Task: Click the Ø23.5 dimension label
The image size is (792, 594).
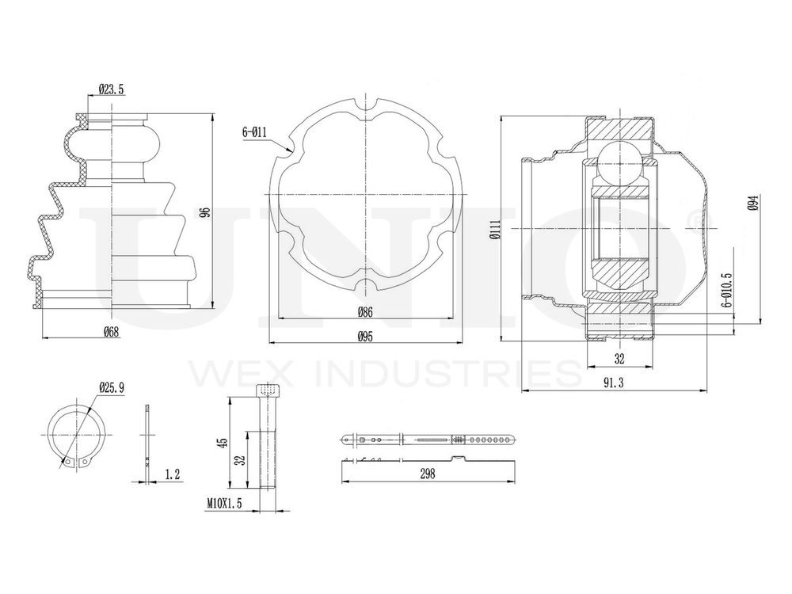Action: tap(111, 90)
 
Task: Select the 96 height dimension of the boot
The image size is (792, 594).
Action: tap(205, 212)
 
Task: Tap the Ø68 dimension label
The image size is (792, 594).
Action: tap(111, 332)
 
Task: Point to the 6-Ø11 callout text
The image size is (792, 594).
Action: tap(254, 132)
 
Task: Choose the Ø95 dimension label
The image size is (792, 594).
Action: tap(364, 337)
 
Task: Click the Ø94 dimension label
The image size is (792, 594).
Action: tap(754, 203)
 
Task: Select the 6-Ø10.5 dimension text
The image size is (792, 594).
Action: tap(727, 291)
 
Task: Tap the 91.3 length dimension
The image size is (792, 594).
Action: tap(613, 383)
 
